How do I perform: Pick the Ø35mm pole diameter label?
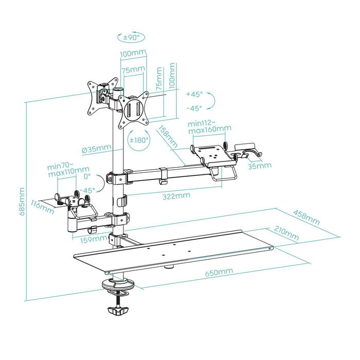96,149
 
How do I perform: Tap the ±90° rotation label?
131,37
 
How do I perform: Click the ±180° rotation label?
138,140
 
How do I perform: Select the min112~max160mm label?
209,126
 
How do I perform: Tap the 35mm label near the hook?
260,166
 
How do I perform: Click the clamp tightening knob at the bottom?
118,311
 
